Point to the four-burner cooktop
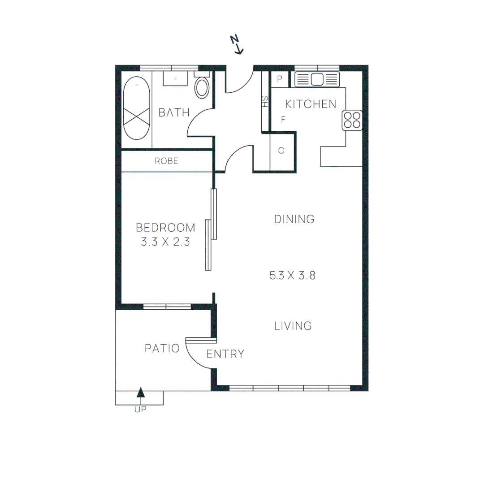[x=352, y=120]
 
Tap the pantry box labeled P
[x=280, y=79]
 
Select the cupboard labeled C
[x=281, y=151]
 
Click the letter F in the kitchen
[x=283, y=120]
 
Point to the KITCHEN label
[x=311, y=104]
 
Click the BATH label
[x=174, y=112]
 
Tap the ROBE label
[x=166, y=161]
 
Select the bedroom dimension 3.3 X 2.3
[x=165, y=242]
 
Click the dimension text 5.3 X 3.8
[x=292, y=275]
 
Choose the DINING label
[x=294, y=219]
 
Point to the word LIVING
[x=293, y=326]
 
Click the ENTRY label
[x=225, y=354]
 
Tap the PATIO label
[x=162, y=348]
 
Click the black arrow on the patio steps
[x=141, y=393]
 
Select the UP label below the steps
[x=140, y=409]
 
